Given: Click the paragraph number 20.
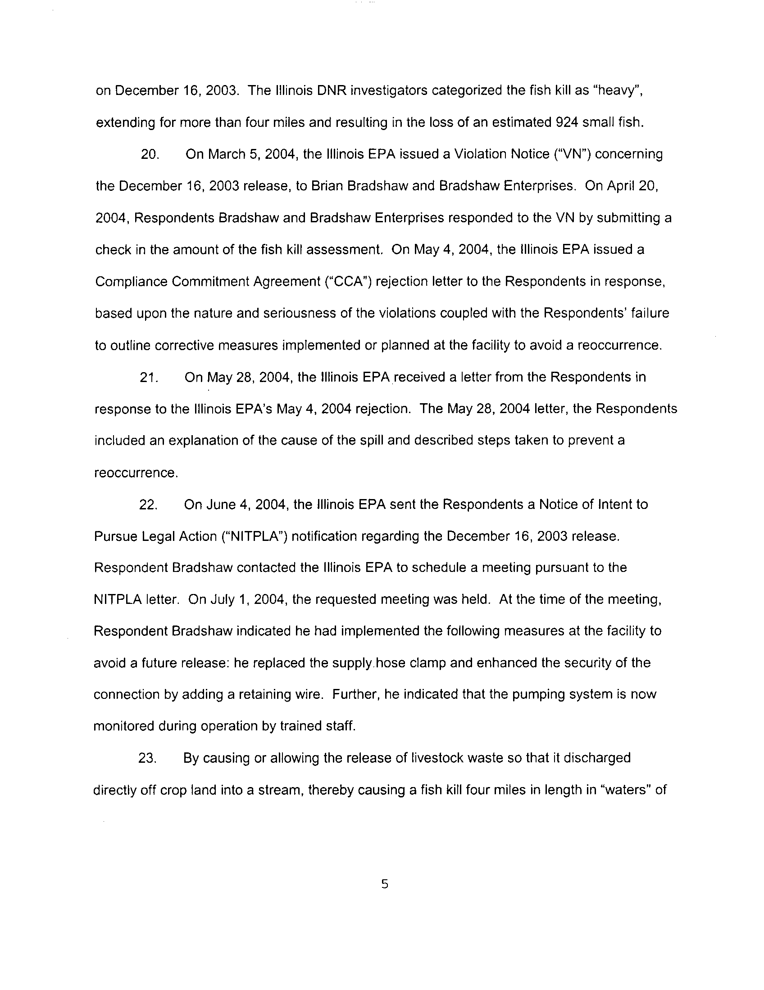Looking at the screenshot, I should pyautogui.click(x=149, y=154).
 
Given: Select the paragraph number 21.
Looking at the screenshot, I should pyautogui.click(x=148, y=378).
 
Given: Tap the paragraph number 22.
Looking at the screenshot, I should pyautogui.click(x=148, y=505).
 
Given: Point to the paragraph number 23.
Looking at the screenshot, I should pyautogui.click(x=147, y=758).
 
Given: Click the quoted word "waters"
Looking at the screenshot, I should pyautogui.click(x=628, y=790).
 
